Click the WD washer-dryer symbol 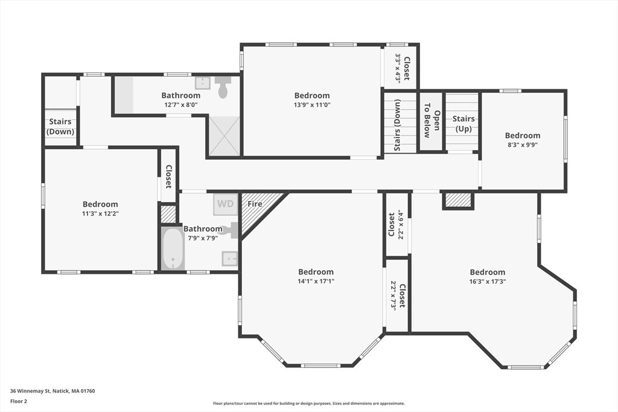(226, 204)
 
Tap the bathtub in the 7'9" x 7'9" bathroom (173, 248)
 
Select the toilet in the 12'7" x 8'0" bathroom (223, 87)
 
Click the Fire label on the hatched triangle (255, 204)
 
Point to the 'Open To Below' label (432, 121)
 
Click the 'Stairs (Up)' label (463, 124)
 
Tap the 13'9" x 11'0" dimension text (312, 105)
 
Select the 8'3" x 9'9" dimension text (523, 145)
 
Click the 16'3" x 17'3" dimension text (488, 282)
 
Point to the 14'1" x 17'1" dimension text (316, 281)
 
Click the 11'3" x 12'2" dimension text (101, 214)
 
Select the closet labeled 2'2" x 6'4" (397, 225)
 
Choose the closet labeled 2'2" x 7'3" (397, 296)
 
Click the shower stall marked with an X (224, 136)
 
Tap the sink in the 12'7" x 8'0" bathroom (203, 83)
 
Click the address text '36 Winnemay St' (30, 391)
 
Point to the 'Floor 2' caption (19, 402)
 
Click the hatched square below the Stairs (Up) (458, 200)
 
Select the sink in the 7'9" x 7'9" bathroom (230, 259)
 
